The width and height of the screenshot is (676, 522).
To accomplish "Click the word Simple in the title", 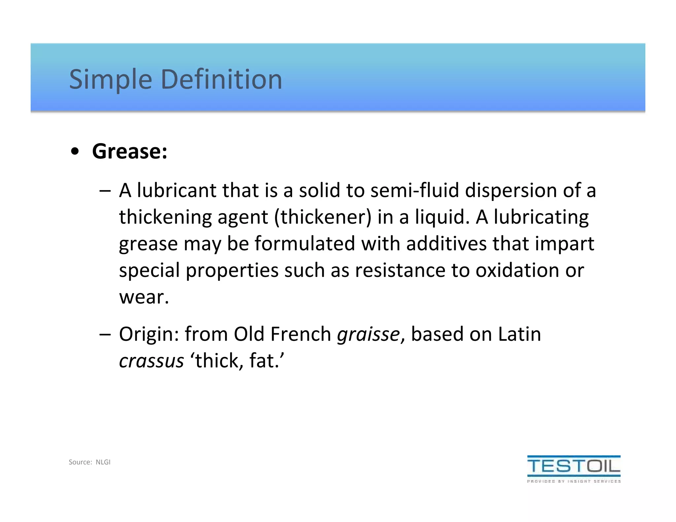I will click(110, 80).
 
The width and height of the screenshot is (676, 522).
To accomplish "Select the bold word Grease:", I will click(130, 151).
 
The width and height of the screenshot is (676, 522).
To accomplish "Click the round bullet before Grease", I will click(75, 152).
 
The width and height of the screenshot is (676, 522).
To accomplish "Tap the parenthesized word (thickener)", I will click(323, 217).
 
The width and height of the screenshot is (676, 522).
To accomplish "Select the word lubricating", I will click(541, 217).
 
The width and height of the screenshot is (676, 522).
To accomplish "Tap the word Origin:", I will click(149, 334).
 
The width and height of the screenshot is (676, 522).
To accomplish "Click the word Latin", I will click(520, 334).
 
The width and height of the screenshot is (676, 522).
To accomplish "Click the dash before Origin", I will click(105, 334).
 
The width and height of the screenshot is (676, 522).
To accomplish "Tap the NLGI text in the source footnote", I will click(103, 462).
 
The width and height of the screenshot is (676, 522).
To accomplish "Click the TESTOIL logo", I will click(574, 469).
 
